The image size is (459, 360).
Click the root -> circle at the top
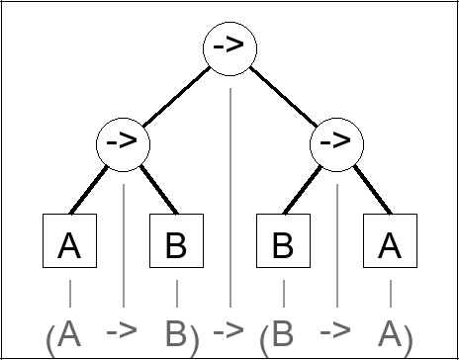point(229,47)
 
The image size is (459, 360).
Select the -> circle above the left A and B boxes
point(123,144)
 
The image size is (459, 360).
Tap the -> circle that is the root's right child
point(336,144)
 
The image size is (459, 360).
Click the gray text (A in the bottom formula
point(63,334)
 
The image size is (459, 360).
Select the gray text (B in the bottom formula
point(277,334)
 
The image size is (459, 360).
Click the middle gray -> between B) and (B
point(229,330)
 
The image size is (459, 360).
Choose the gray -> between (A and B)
point(123,330)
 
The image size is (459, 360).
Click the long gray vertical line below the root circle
point(229,198)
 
